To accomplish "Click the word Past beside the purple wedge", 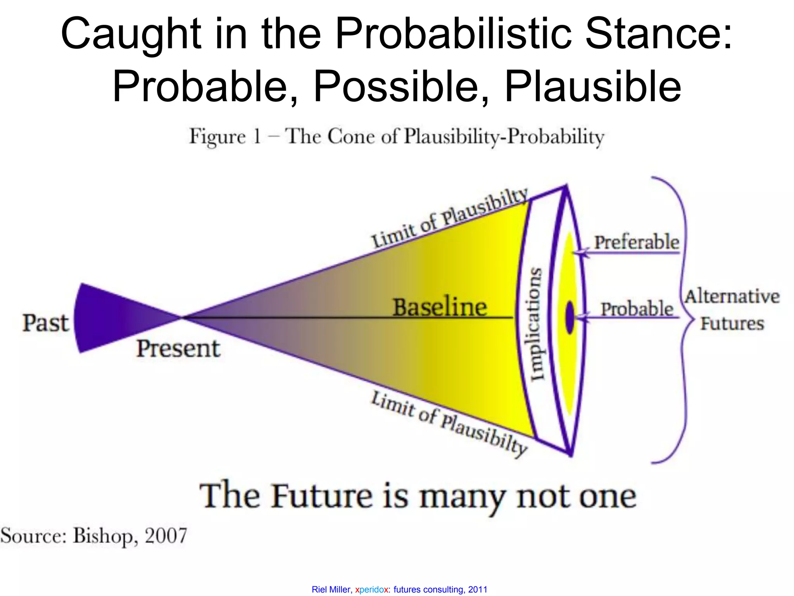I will (45, 323).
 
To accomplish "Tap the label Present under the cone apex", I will (178, 348).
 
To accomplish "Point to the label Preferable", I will (637, 242).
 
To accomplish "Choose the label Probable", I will (637, 309).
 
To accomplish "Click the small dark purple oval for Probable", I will (570, 317).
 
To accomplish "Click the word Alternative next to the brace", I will (732, 296).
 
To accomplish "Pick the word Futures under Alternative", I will (732, 323).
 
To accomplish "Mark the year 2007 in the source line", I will (166, 535).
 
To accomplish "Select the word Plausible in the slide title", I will (592, 86).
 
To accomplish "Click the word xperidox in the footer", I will (371, 589).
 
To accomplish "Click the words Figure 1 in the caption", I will (224, 137).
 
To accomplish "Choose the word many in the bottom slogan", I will (462, 497).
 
